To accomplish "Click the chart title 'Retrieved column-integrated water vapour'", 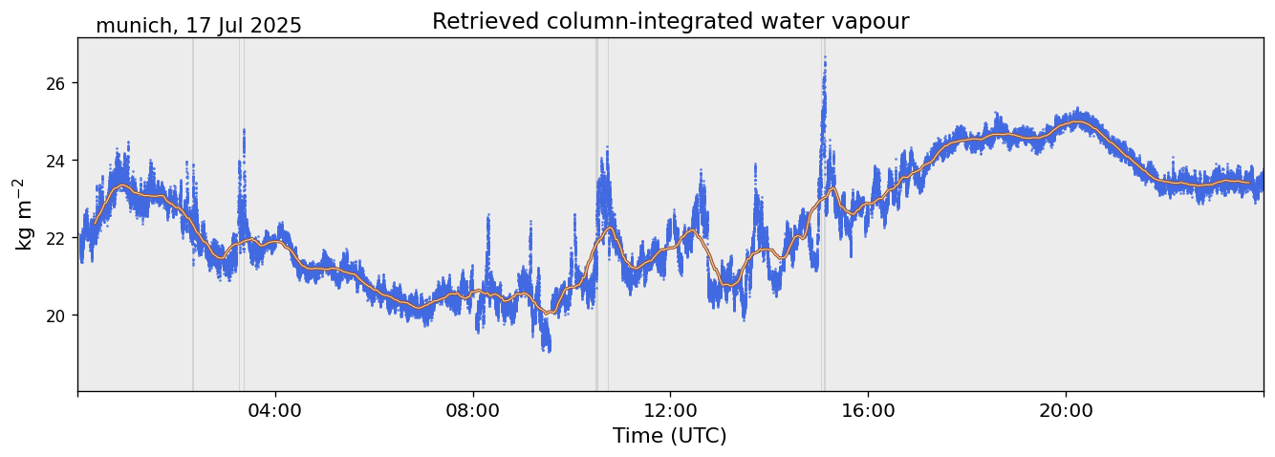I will [670, 21].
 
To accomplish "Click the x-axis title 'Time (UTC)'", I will [670, 436].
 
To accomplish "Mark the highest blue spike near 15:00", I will [824, 57].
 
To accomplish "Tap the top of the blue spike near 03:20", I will [244, 130].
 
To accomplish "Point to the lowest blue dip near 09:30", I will [547, 350].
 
